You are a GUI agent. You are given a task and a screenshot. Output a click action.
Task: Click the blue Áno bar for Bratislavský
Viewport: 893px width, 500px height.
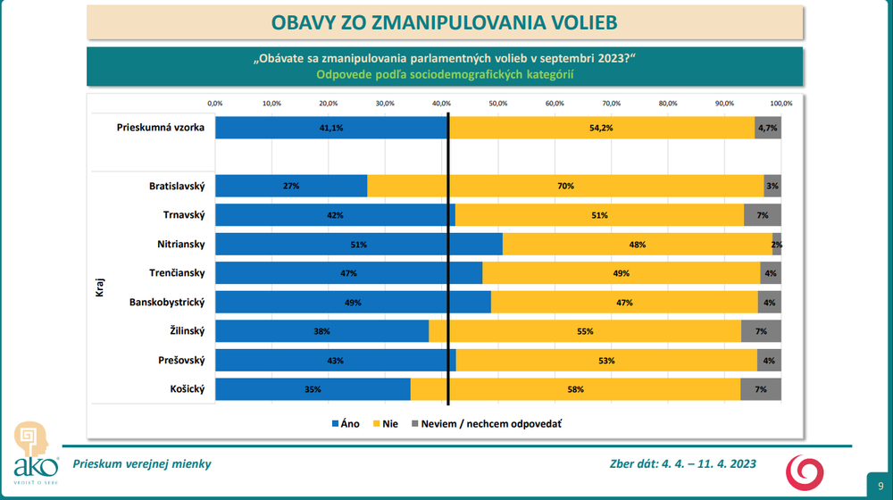(291, 186)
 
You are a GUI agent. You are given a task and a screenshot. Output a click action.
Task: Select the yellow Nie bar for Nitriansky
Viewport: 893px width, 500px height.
(637, 244)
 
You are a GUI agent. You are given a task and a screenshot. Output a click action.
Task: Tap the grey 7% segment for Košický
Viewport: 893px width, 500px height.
(761, 389)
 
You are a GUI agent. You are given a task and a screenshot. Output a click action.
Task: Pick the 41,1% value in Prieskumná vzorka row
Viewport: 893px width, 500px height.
(331, 128)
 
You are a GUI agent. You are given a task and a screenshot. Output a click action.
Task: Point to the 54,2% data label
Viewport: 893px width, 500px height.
(601, 128)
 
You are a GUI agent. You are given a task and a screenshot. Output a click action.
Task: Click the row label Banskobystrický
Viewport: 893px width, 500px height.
(168, 302)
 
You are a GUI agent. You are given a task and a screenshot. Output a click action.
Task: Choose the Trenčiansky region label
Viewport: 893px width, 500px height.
(178, 273)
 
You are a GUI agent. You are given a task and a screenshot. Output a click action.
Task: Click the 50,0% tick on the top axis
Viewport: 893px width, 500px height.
(497, 104)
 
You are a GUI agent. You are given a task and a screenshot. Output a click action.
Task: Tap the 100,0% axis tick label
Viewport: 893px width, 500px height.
(780, 104)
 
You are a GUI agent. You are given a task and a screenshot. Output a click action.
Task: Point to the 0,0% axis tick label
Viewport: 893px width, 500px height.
(215, 104)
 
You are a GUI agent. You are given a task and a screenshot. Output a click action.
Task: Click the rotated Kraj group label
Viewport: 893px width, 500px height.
(100, 287)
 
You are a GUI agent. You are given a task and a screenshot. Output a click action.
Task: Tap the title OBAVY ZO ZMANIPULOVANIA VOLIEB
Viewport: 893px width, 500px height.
(444, 21)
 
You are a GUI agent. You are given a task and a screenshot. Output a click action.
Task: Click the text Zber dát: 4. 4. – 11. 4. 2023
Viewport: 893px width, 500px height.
(681, 463)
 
